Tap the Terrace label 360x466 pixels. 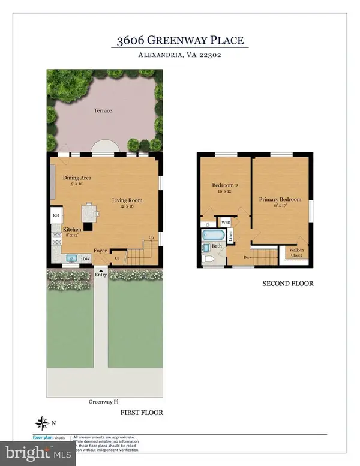click(x=103, y=110)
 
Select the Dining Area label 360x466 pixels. click(x=77, y=177)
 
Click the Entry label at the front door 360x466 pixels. click(x=100, y=275)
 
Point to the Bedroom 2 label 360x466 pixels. click(x=225, y=187)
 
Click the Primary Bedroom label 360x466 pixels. click(x=280, y=199)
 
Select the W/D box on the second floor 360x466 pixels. click(x=226, y=221)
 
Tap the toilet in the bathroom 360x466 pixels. click(x=207, y=259)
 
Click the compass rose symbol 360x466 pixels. click(x=43, y=424)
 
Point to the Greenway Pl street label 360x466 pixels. click(x=101, y=402)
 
